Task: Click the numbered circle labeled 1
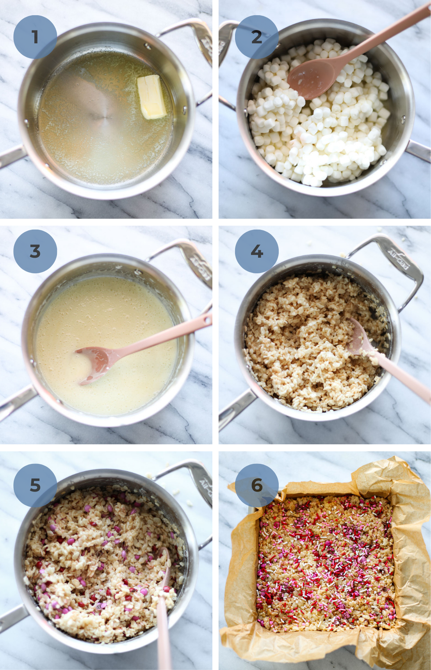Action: tap(35, 37)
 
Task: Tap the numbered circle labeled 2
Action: tap(256, 37)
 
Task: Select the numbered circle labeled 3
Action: tap(35, 251)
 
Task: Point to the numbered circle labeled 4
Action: tap(256, 251)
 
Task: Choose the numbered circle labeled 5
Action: tap(35, 485)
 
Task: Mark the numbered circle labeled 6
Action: tap(256, 485)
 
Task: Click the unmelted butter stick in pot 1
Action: tap(151, 96)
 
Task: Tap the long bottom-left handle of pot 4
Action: tap(234, 410)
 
